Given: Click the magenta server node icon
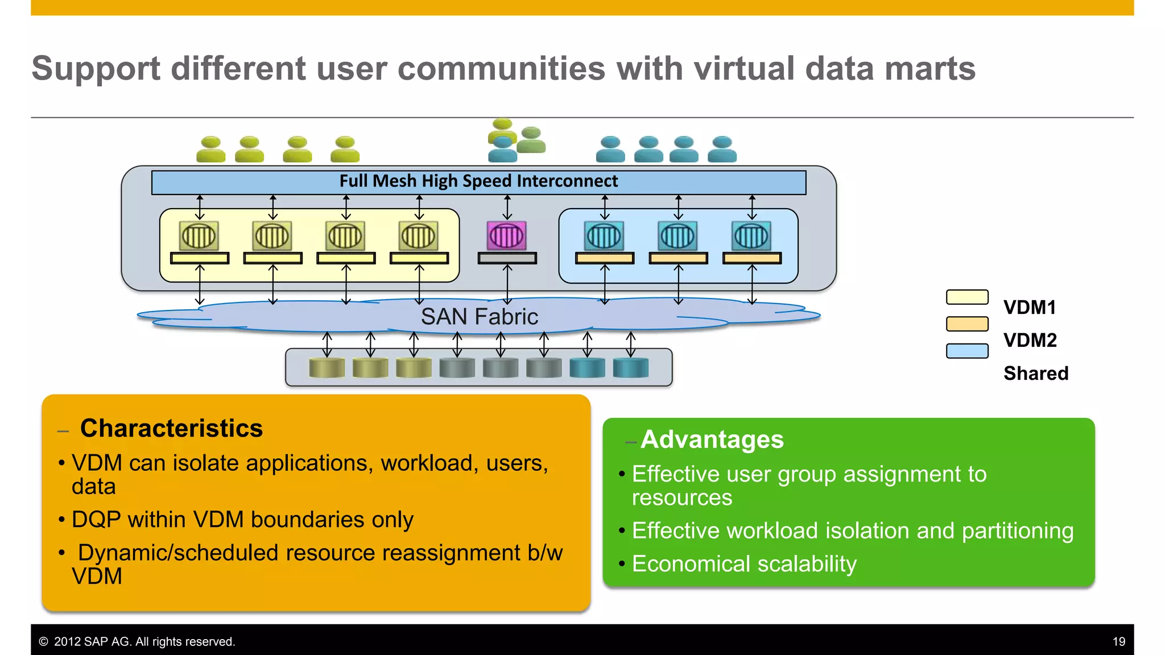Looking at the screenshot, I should tap(506, 235).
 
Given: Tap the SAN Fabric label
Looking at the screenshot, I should tap(479, 317).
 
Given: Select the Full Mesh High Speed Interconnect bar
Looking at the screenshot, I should tap(478, 182).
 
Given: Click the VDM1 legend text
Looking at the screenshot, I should tap(1030, 308).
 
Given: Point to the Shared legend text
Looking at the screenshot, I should tap(1036, 374).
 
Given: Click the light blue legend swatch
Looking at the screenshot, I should tap(967, 351).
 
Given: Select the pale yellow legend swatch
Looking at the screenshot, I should tap(967, 297).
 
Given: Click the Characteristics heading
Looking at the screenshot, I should tap(171, 428).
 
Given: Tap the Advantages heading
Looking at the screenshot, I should tap(712, 440).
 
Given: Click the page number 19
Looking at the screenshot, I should tap(1118, 641).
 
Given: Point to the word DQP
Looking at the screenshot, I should tap(96, 520).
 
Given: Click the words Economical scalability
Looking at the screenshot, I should tap(744, 564).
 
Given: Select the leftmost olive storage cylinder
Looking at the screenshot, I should tap(327, 368).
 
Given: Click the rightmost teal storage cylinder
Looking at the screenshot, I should tap(630, 368).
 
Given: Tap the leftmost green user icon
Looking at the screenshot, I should tap(211, 150).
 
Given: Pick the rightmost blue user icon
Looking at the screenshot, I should tap(722, 150).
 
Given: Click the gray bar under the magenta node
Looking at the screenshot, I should tap(507, 259).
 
